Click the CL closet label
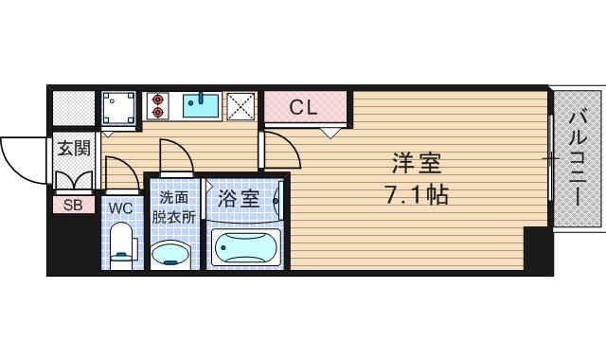[302, 107]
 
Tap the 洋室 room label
[417, 164]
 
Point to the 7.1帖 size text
[416, 196]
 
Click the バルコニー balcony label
[577, 158]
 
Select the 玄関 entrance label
[73, 149]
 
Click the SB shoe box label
[73, 204]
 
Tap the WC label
[120, 207]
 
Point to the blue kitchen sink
[201, 104]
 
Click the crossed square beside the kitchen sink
[240, 105]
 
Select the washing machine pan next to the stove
[117, 107]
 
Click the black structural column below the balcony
[537, 250]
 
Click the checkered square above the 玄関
[73, 107]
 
